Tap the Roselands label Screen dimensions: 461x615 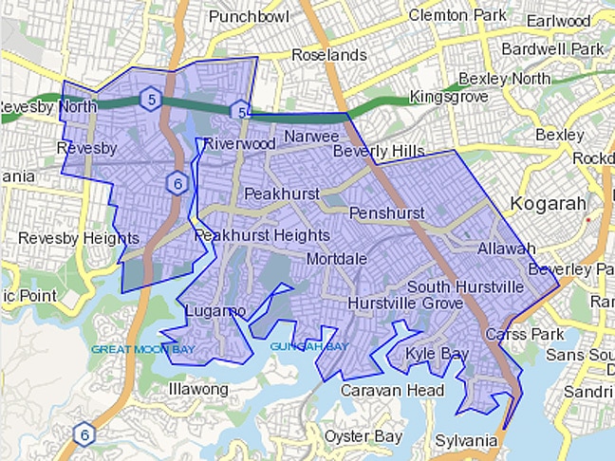click(328, 55)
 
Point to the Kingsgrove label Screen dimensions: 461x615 click(449, 97)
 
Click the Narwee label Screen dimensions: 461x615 click(306, 137)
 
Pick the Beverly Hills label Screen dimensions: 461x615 click(379, 152)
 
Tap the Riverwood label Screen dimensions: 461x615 click(239, 143)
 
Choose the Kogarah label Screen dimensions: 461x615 click(549, 202)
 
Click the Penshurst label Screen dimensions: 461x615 click(386, 213)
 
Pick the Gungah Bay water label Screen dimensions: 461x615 click(308, 346)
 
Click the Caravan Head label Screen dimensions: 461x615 click(392, 391)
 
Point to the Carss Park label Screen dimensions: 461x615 click(525, 335)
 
